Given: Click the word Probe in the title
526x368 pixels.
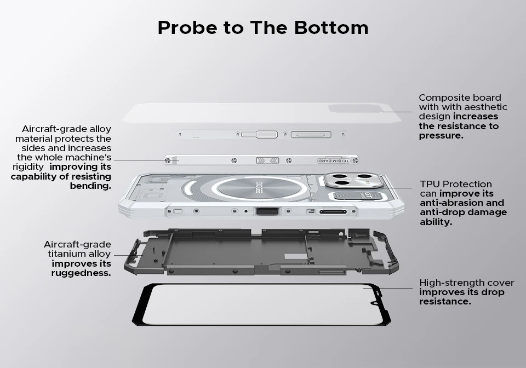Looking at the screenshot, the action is [187, 27].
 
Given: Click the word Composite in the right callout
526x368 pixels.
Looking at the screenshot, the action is [443, 98].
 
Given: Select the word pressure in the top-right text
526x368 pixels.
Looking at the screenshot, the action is [441, 136].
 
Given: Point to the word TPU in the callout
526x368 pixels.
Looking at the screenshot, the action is [430, 184].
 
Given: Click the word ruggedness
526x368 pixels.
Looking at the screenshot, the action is [81, 273].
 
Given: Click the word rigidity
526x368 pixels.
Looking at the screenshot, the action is [28, 167].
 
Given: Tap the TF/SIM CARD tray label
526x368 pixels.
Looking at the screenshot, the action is [334, 161].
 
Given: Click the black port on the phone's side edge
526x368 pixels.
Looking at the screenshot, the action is [267, 211].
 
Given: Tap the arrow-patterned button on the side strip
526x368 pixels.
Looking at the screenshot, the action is [267, 160].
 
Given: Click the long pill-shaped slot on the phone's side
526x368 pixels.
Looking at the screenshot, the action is [333, 212].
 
